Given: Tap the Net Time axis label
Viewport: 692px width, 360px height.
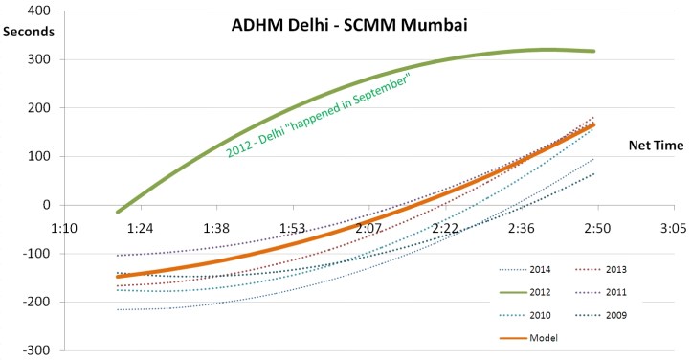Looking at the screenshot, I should pyautogui.click(x=654, y=146).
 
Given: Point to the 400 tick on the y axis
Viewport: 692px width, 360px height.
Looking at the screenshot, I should pyautogui.click(x=38, y=11).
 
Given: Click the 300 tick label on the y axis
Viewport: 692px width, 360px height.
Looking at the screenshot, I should pyautogui.click(x=38, y=59).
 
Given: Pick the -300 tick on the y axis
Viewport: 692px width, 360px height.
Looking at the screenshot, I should pyautogui.click(x=36, y=350).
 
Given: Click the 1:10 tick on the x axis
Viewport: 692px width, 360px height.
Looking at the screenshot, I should pyautogui.click(x=64, y=229).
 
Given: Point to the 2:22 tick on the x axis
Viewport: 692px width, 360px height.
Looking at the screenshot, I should pyautogui.click(x=445, y=229).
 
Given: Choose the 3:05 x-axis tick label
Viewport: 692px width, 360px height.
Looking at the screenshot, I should pyautogui.click(x=673, y=229).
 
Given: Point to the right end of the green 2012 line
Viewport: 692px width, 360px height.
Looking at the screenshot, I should pyautogui.click(x=596, y=51).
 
